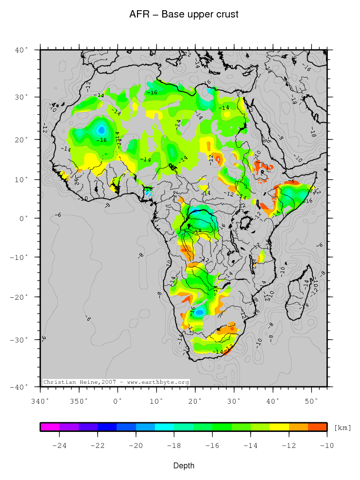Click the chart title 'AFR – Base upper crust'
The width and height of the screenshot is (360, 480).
coord(184,15)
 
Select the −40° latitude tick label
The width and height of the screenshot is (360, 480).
coord(20,387)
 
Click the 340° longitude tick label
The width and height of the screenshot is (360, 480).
coord(40,401)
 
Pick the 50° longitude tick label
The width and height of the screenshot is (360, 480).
coord(311,401)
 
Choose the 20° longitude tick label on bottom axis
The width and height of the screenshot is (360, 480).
coord(195,401)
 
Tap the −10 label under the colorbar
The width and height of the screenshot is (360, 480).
coord(326,445)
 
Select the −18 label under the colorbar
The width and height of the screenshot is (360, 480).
coord(174,445)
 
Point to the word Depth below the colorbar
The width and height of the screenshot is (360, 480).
coord(184,466)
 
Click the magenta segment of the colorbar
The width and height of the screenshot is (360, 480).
coord(50,427)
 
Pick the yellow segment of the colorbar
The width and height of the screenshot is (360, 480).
coord(279,427)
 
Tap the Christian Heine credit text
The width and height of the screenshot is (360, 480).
coord(116,382)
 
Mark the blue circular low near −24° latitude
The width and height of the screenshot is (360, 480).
coord(199,312)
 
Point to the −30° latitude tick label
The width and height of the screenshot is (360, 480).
coord(20,340)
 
